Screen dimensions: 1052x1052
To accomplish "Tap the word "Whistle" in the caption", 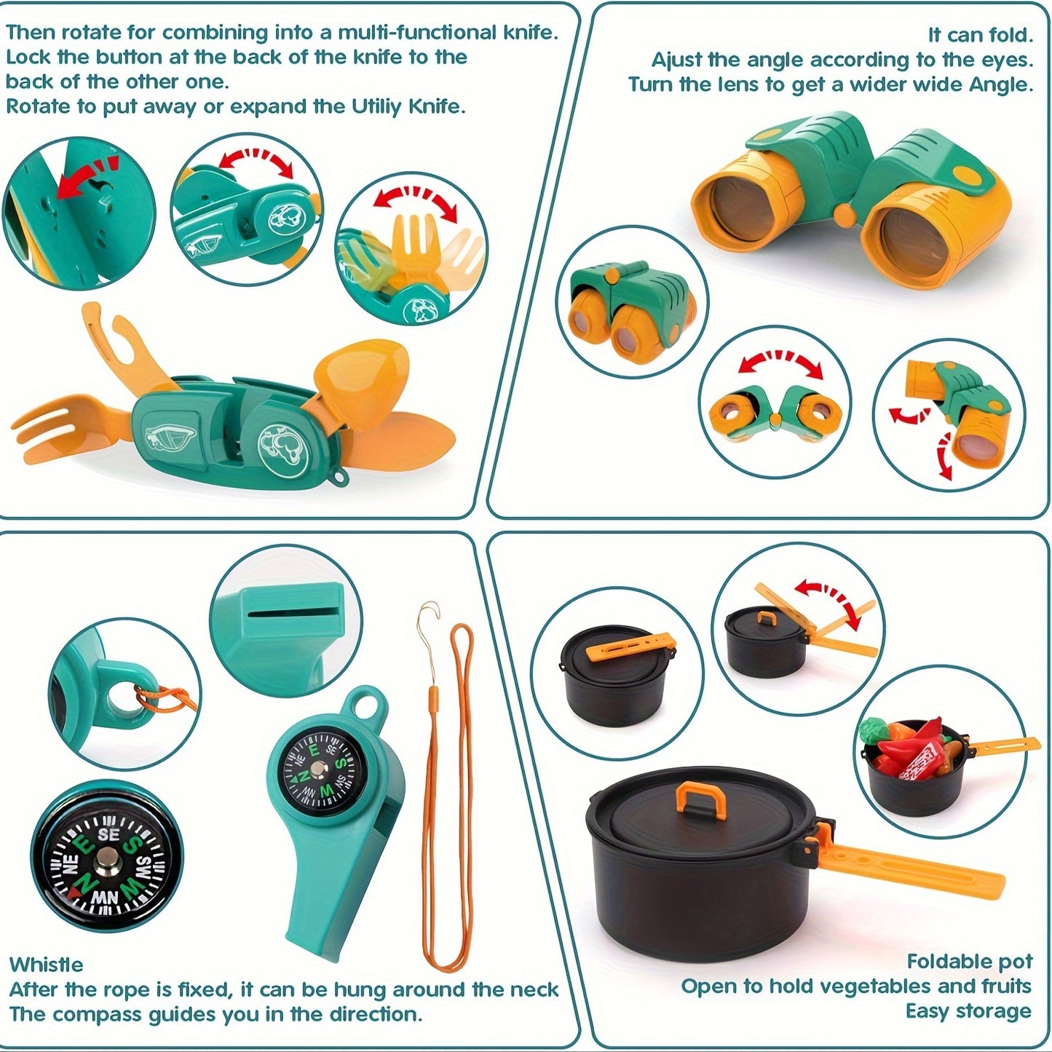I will point(46,965).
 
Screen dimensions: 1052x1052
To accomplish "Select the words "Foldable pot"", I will point(969,962).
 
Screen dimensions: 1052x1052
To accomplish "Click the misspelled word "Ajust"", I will point(677,60).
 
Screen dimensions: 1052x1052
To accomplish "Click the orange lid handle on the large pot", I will point(702,799).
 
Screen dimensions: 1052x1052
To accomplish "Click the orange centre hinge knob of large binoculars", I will point(845,213).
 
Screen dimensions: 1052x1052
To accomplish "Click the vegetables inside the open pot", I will point(909,750).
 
